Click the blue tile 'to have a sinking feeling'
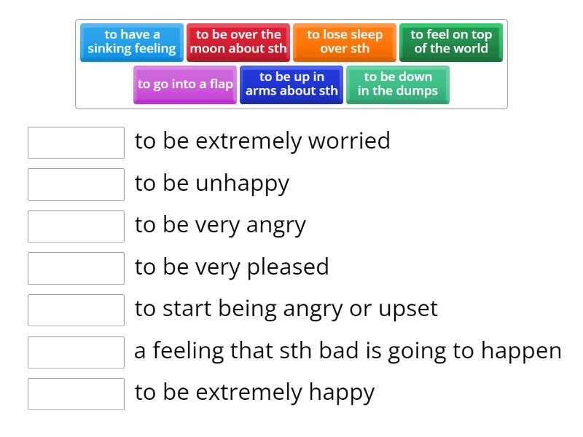pyautogui.click(x=131, y=42)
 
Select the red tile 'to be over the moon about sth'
pyautogui.click(x=238, y=42)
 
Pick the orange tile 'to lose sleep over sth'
pyautogui.click(x=345, y=42)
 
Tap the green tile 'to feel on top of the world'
pyautogui.click(x=451, y=42)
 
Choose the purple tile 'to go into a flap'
pyautogui.click(x=185, y=84)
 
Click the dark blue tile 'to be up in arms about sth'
pyautogui.click(x=291, y=84)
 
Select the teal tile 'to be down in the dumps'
pyautogui.click(x=398, y=84)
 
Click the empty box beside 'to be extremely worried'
pyautogui.click(x=76, y=143)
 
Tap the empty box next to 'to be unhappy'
pyautogui.click(x=76, y=184)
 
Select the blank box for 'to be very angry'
pyautogui.click(x=76, y=227)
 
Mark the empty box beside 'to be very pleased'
pyautogui.click(x=76, y=268)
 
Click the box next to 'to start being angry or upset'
pyautogui.click(x=76, y=310)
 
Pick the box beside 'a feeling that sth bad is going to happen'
pyautogui.click(x=76, y=352)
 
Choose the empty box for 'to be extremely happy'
pyautogui.click(x=76, y=394)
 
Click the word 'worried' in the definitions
pyautogui.click(x=349, y=141)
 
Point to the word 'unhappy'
pyautogui.click(x=242, y=184)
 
